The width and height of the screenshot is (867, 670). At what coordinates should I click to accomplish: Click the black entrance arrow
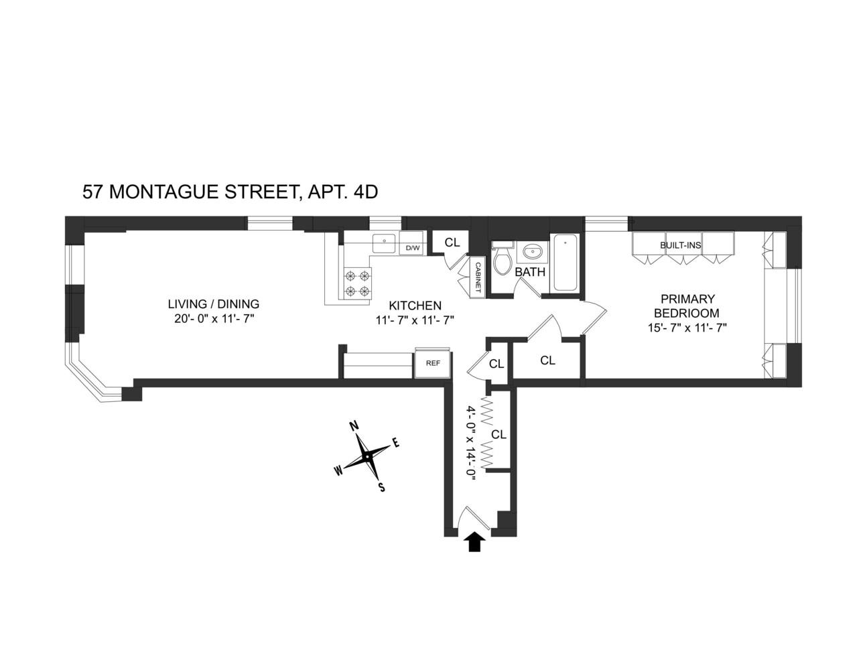tap(474, 541)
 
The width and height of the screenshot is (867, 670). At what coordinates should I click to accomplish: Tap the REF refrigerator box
tap(433, 363)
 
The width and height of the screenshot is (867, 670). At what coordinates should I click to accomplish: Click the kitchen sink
tap(385, 242)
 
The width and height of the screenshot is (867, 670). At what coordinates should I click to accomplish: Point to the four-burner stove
tap(357, 283)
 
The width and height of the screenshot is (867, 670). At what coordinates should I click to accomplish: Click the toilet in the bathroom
tap(503, 261)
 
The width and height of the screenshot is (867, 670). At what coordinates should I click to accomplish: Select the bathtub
tap(565, 262)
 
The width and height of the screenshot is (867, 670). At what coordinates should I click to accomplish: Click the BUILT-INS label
tap(680, 245)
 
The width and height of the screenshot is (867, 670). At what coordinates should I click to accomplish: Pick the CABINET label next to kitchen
tap(478, 277)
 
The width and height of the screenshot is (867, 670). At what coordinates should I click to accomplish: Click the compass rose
tap(367, 456)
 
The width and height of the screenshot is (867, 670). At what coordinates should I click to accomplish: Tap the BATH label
tap(530, 272)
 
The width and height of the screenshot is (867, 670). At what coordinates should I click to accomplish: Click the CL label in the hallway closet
tap(498, 434)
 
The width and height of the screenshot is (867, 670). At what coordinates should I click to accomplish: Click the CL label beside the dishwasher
tap(452, 242)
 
